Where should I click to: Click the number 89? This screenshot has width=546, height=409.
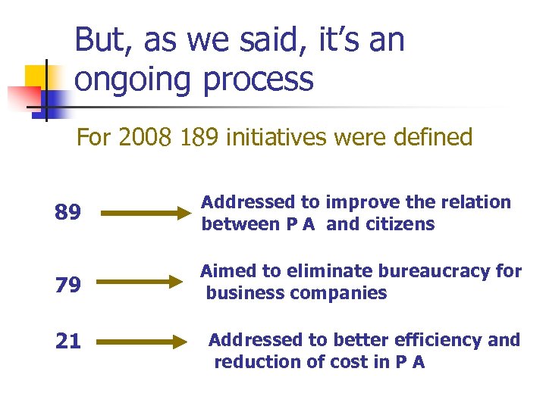[x=68, y=213]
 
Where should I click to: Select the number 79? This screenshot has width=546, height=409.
[x=68, y=284]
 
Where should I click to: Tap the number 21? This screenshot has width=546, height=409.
[x=68, y=342]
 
